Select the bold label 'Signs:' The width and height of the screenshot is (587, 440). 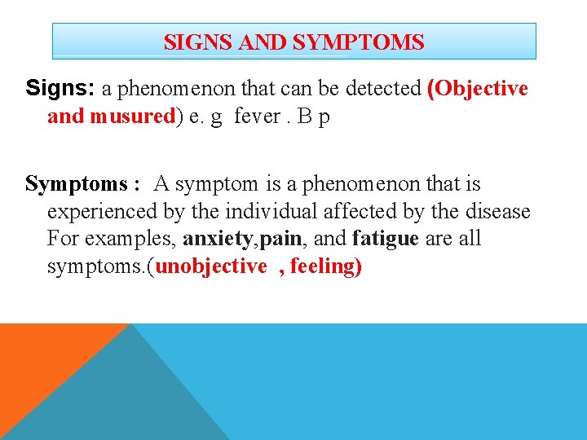pos(60,88)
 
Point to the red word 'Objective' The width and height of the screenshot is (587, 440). pos(481,88)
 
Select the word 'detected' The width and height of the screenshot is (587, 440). pos(382,88)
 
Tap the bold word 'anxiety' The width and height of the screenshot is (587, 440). pos(218,240)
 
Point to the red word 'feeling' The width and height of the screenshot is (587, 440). pos(322,267)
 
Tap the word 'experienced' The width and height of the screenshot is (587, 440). pos(101,212)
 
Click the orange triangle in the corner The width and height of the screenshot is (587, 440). pos(41,359)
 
